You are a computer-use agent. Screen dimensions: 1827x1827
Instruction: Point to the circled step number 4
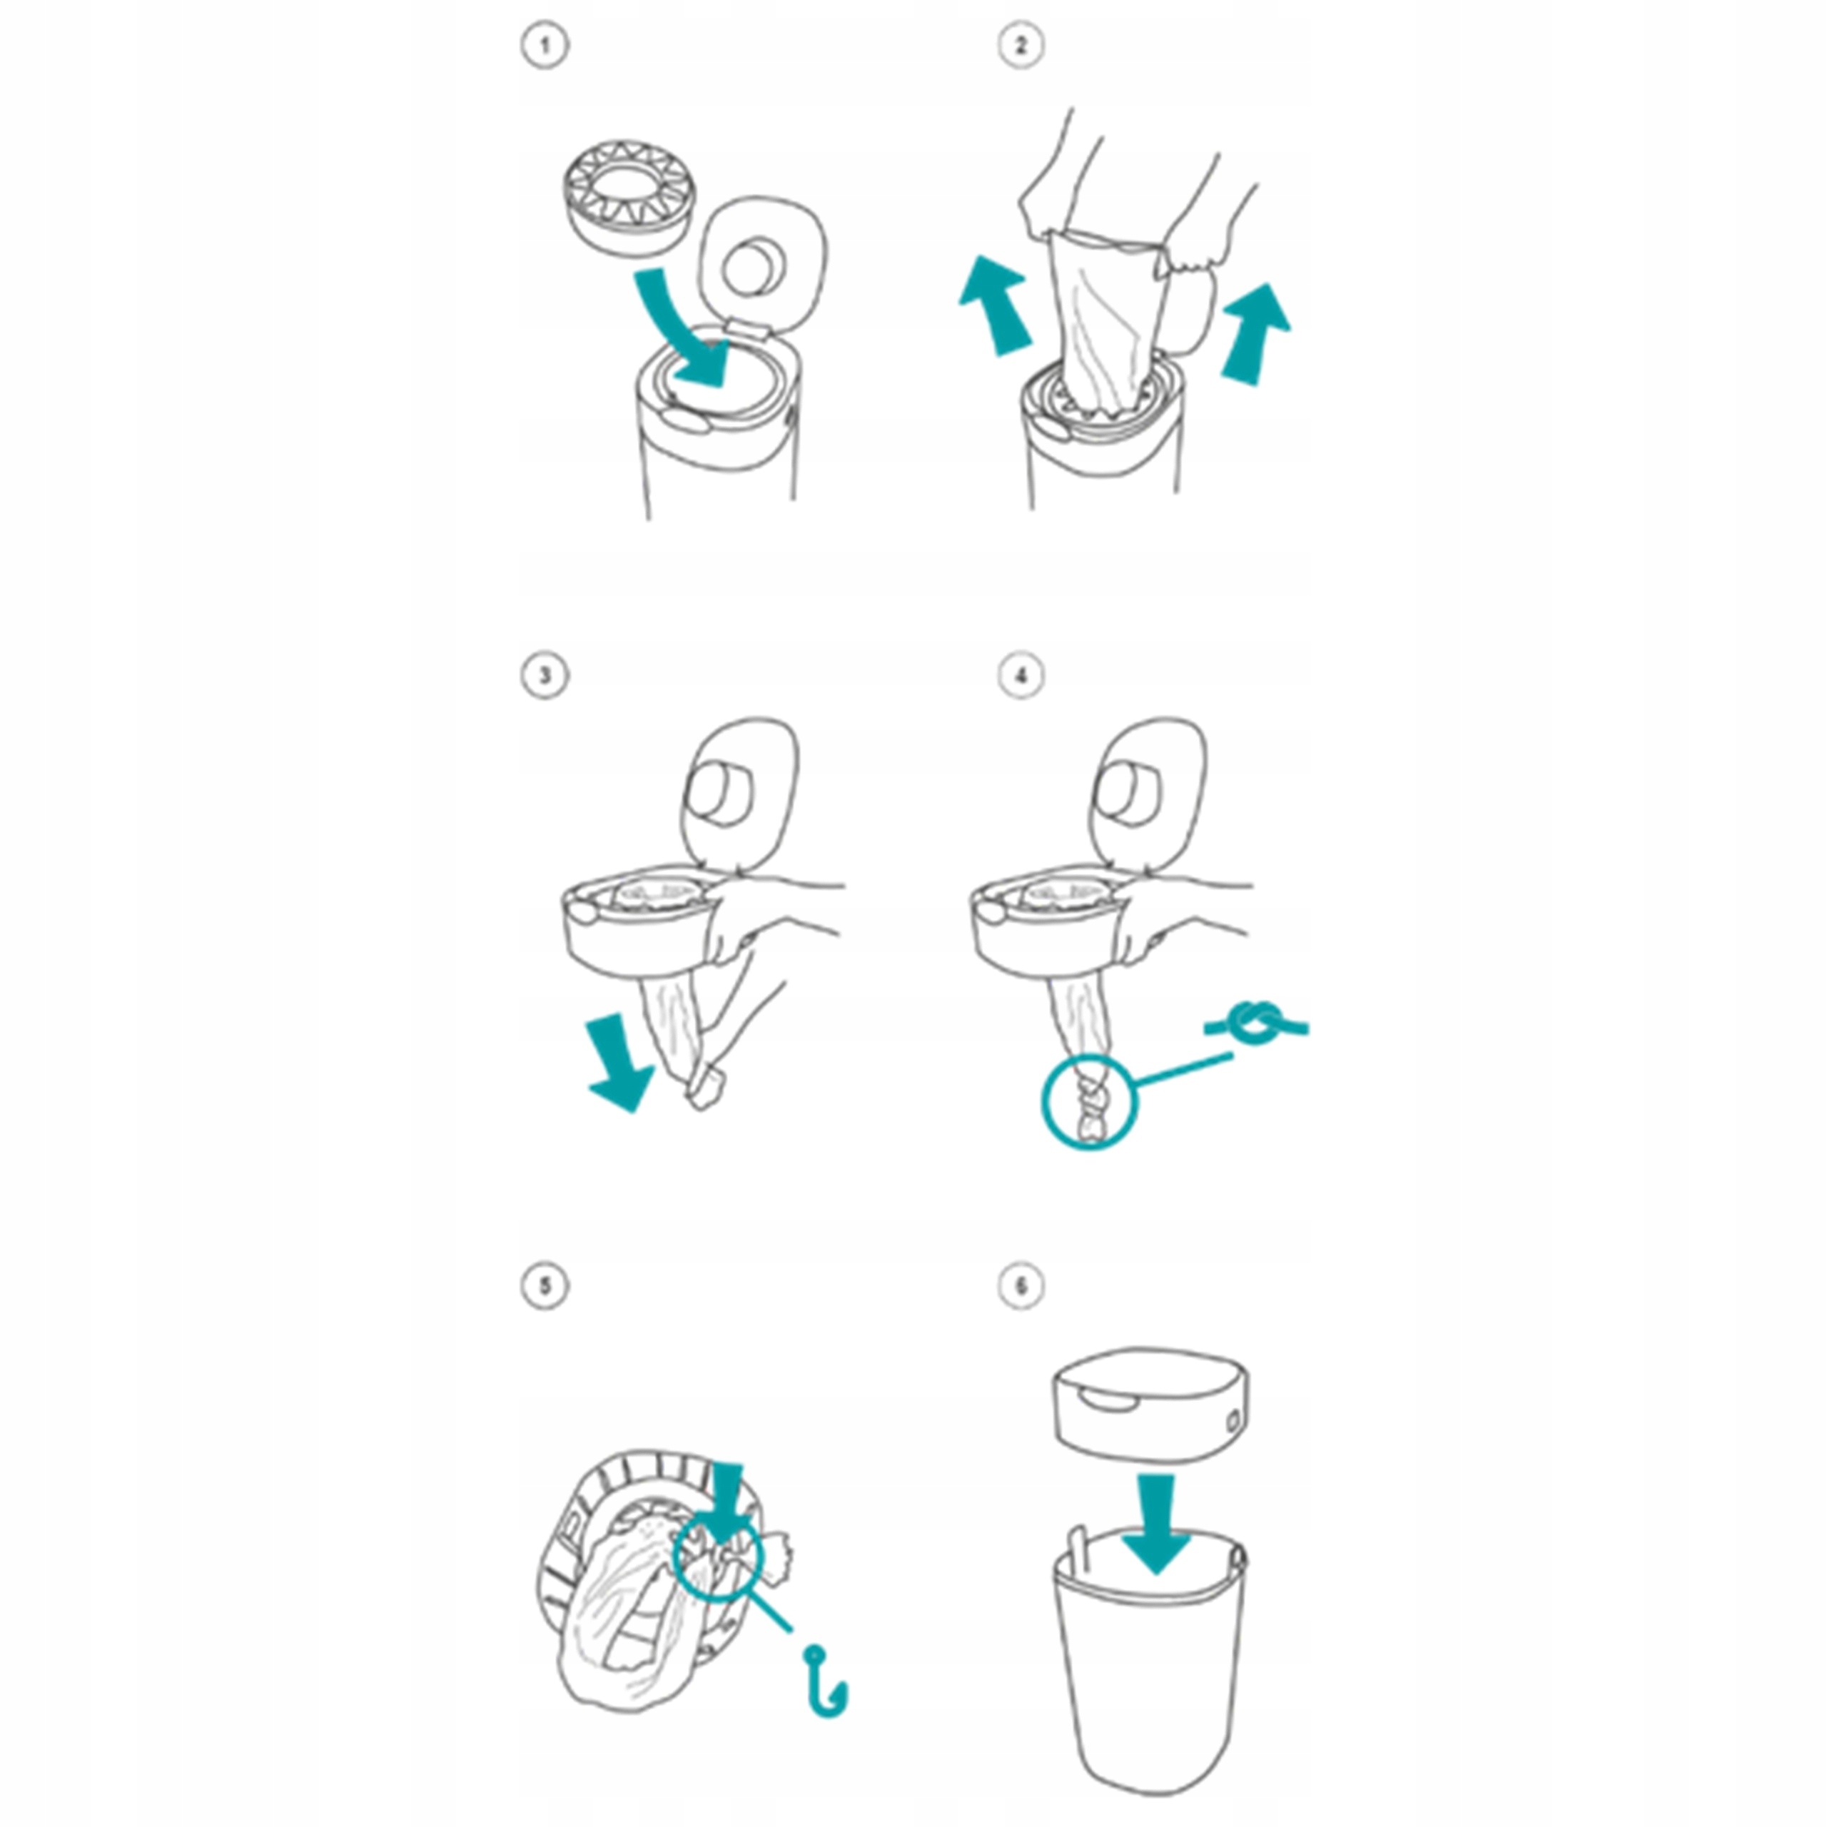(x=1021, y=676)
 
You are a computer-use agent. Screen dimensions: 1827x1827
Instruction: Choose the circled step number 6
(x=1021, y=1286)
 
